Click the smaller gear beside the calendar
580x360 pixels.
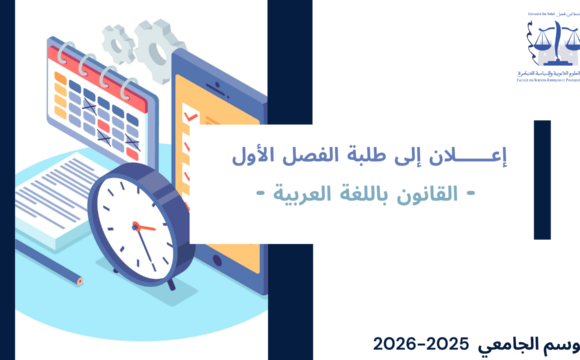pyautogui.click(x=119, y=46)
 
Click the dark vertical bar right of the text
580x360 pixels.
pyautogui.click(x=542, y=180)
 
